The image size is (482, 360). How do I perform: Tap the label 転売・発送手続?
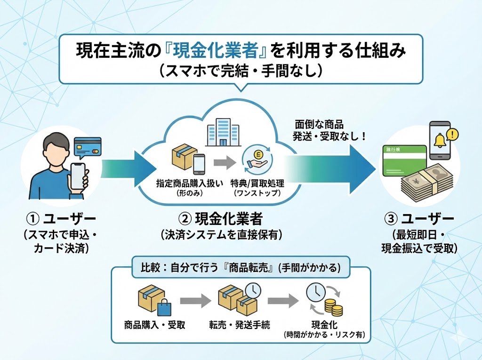coord(240,325)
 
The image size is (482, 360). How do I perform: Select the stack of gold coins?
coord(333,308)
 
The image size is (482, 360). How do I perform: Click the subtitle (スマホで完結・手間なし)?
coord(241,71)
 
